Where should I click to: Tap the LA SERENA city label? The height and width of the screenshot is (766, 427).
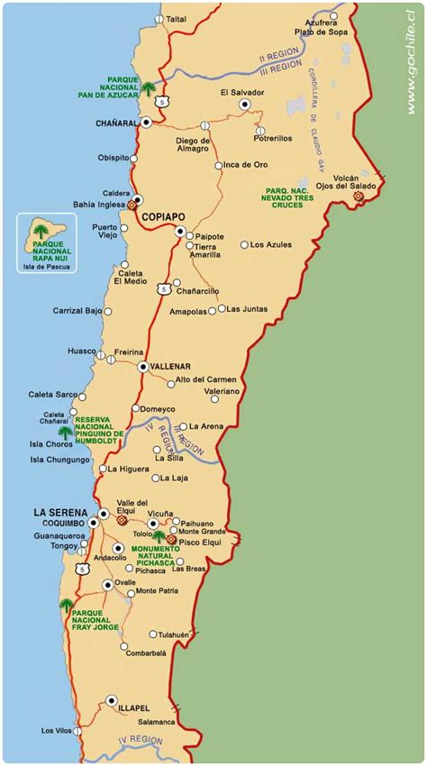pyautogui.click(x=59, y=512)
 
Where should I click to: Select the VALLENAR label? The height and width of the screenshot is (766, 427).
pyautogui.click(x=171, y=366)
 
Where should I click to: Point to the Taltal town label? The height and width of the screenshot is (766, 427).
pyautogui.click(x=177, y=18)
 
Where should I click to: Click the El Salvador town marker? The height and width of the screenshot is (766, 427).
pyautogui.click(x=243, y=105)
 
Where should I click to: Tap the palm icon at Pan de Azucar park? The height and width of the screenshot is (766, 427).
pyautogui.click(x=148, y=88)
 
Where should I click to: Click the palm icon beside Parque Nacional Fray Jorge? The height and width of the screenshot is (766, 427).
pyautogui.click(x=66, y=606)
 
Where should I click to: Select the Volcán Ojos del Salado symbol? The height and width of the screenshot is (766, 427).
pyautogui.click(x=358, y=196)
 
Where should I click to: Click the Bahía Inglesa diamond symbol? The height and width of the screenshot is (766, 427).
pyautogui.click(x=132, y=205)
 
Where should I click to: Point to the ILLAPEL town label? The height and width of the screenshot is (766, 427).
pyautogui.click(x=136, y=709)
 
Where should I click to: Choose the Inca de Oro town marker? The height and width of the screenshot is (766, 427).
pyautogui.click(x=218, y=166)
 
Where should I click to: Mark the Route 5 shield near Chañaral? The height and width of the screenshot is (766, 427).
pyautogui.click(x=160, y=101)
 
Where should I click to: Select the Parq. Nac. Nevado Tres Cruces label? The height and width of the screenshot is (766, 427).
pyautogui.click(x=289, y=196)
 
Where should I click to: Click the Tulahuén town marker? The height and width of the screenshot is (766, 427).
pyautogui.click(x=153, y=634)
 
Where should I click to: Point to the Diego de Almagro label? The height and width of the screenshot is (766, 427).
pyautogui.click(x=193, y=145)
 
